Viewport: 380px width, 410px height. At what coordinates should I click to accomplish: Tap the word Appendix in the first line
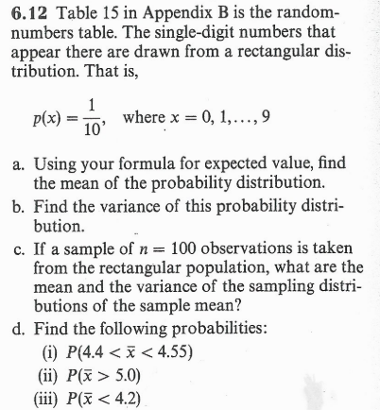[x=182, y=16]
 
